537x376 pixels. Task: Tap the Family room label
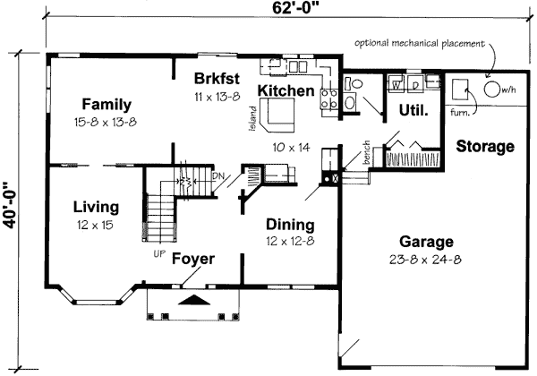pyautogui.click(x=107, y=103)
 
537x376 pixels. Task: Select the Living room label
pyautogui.click(x=95, y=208)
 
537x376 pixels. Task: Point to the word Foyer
pyautogui.click(x=192, y=260)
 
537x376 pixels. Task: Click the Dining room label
pyautogui.click(x=289, y=225)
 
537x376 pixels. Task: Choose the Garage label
pyautogui.click(x=426, y=241)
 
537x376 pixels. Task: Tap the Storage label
pyautogui.click(x=483, y=146)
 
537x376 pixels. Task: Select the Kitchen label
pyautogui.click(x=286, y=90)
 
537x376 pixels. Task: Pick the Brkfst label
pyautogui.click(x=218, y=77)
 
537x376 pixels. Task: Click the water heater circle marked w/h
pyautogui.click(x=493, y=89)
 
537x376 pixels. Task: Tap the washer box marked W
pyautogui.click(x=396, y=85)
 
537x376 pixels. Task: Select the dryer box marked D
pyautogui.click(x=417, y=85)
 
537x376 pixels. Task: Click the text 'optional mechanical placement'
pyautogui.click(x=418, y=43)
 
